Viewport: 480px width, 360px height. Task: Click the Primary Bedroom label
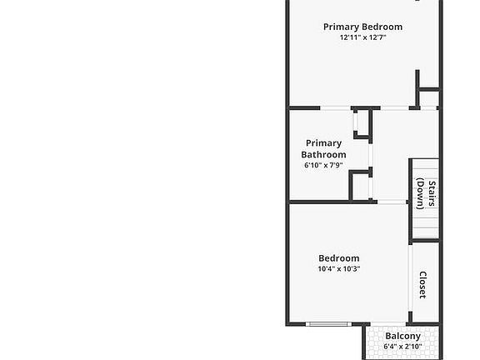(362, 27)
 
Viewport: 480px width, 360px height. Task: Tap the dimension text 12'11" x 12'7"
(362, 37)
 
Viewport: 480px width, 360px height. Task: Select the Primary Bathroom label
(323, 149)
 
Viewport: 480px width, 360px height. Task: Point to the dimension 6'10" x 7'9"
(323, 165)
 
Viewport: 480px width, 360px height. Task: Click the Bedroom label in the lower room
(339, 258)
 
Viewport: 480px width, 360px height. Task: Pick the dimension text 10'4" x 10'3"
(339, 269)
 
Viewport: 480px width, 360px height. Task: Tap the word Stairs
(432, 193)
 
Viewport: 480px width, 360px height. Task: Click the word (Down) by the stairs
(420, 194)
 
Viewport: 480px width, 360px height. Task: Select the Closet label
(422, 285)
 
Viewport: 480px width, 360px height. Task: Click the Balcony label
(402, 336)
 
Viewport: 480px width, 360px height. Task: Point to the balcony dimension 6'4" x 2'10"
(402, 347)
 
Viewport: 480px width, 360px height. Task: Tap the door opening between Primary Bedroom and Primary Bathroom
(335, 108)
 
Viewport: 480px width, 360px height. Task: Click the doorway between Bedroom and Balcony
(388, 324)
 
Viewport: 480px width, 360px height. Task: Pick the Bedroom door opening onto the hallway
(392, 202)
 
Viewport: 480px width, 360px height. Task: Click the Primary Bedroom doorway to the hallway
(395, 108)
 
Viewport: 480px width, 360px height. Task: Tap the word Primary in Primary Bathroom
(323, 143)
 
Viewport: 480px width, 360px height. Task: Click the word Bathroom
(323, 155)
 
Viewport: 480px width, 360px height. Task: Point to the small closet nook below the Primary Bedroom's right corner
(429, 98)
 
